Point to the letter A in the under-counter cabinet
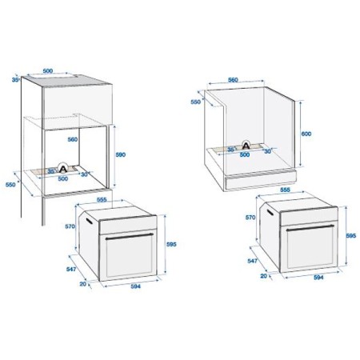[246, 144]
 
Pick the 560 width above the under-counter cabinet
[234, 80]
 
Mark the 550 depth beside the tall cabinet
[10, 184]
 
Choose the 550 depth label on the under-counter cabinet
[196, 103]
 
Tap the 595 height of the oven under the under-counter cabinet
[351, 237]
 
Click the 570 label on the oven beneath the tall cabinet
[70, 226]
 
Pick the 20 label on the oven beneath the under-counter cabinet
[263, 276]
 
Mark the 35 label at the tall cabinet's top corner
[15, 80]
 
